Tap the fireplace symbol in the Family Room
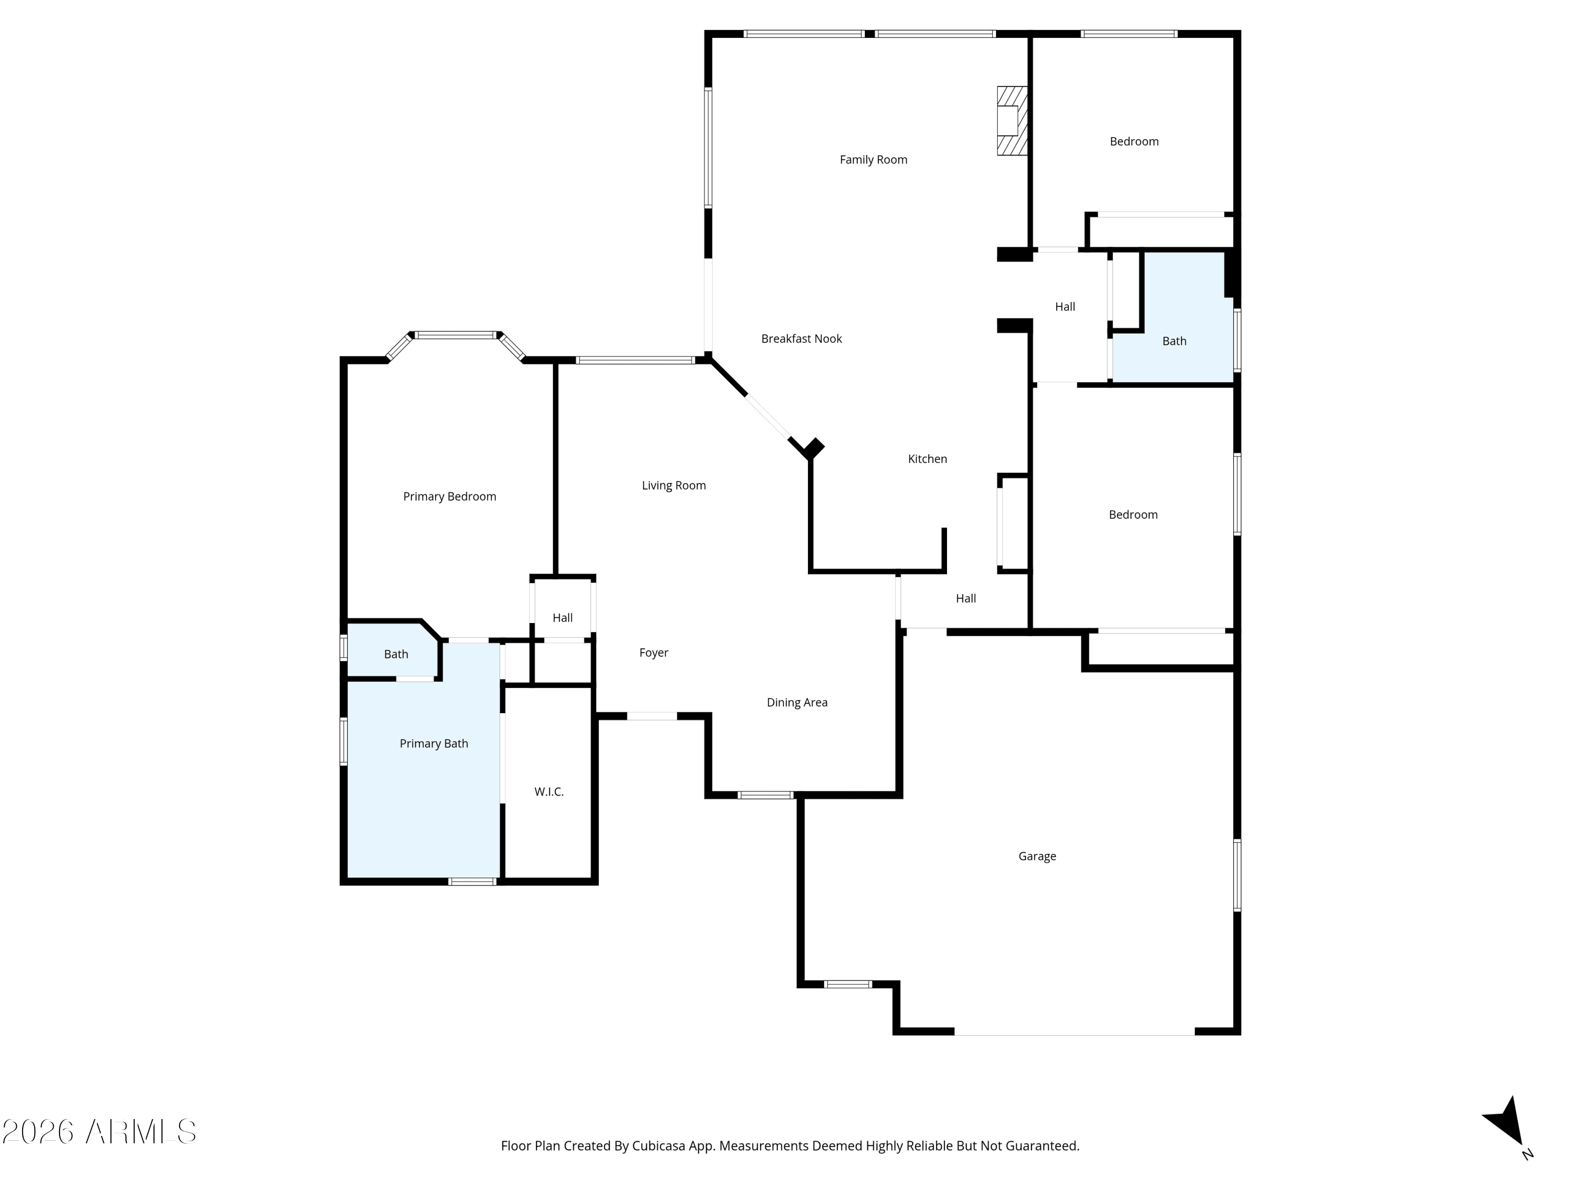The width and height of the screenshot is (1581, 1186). coord(1012,121)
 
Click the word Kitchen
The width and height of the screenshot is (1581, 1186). coord(927,459)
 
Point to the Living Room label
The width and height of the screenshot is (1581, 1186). coord(674,486)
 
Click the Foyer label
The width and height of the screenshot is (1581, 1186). coord(653,653)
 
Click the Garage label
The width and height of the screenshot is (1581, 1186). coord(1037,857)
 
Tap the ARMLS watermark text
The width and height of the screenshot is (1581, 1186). coord(100,1132)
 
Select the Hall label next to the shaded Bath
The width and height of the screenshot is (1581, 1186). coord(1065,307)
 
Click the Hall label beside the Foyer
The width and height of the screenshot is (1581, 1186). coord(562,618)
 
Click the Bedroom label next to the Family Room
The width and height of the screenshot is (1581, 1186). coord(1134,142)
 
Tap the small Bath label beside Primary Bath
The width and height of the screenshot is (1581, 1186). coord(396,654)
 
